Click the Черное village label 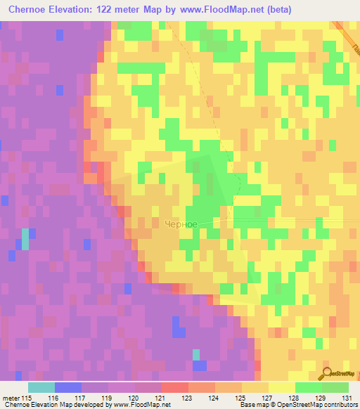[179, 224]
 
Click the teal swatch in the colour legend [41, 387]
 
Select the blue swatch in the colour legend [68, 387]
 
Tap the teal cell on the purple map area [25, 239]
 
